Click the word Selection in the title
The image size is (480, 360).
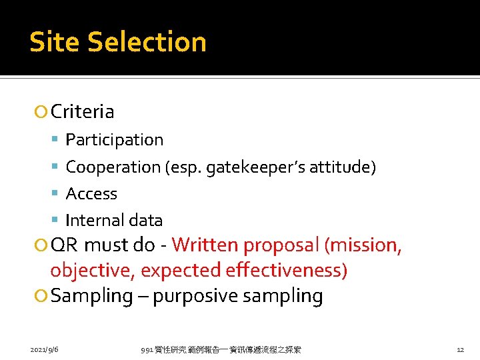(x=147, y=42)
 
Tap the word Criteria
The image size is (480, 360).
(x=82, y=112)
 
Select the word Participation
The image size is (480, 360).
(x=115, y=140)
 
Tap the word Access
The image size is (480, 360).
(x=91, y=194)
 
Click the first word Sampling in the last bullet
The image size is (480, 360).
(x=91, y=296)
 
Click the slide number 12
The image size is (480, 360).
(x=460, y=349)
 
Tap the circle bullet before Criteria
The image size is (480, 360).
(x=42, y=112)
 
